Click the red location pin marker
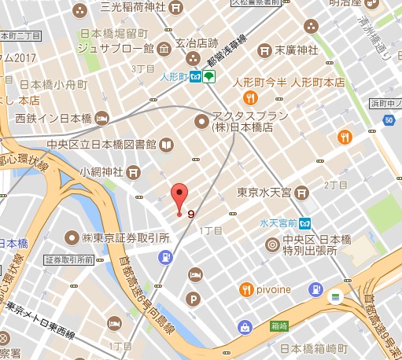pyautogui.click(x=179, y=197)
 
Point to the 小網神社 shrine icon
pyautogui.click(x=134, y=171)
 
